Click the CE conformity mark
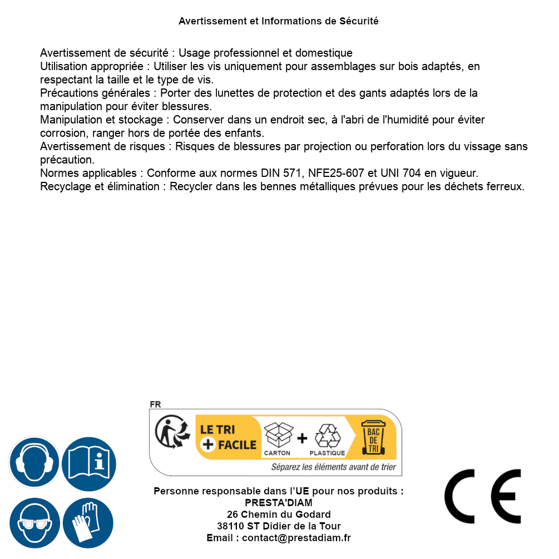(482, 496)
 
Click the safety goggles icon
(34, 523)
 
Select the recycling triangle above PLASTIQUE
(327, 436)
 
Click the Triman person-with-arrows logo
(169, 433)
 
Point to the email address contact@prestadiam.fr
(296, 538)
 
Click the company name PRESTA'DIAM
(278, 503)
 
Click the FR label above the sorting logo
(155, 405)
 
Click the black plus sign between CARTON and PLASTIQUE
(302, 438)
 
